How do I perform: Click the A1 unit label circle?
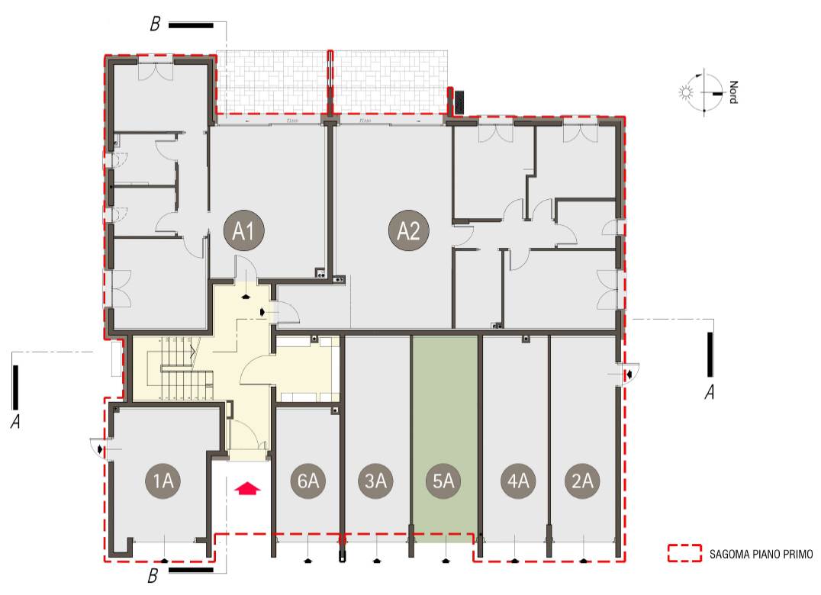[243, 230]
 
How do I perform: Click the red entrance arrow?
[247, 488]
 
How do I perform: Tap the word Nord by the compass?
[733, 92]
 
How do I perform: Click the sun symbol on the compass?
[684, 93]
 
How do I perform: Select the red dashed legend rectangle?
[684, 554]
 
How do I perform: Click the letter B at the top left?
[155, 24]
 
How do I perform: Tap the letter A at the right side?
[710, 393]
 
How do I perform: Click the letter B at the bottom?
[155, 574]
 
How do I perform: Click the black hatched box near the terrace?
[460, 101]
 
